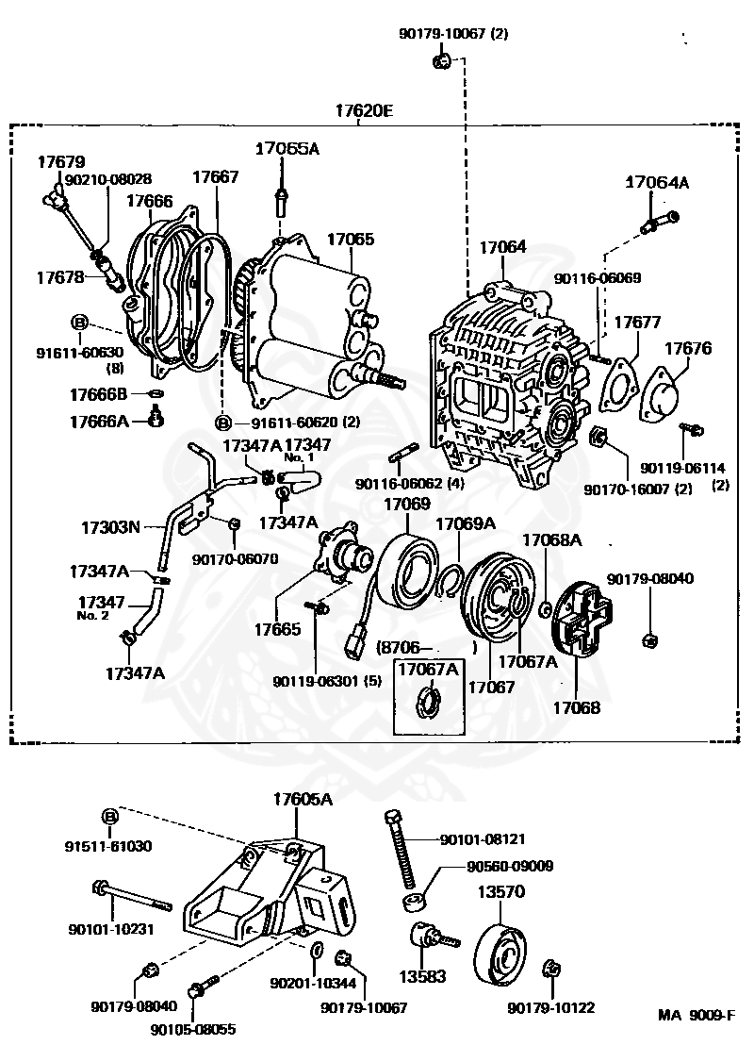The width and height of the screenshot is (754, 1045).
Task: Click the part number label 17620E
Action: click(364, 110)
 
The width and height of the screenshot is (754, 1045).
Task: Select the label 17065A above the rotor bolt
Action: click(287, 148)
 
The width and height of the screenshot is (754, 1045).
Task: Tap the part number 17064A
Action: click(657, 183)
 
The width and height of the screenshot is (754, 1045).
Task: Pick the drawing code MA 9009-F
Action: click(696, 1016)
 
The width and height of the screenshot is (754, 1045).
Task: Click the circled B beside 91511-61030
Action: click(110, 816)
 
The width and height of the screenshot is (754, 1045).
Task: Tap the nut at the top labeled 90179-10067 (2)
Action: click(439, 62)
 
